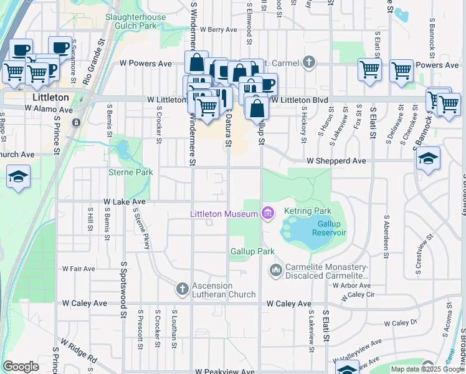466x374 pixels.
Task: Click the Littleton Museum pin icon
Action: point(268,214)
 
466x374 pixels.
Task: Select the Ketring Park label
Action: point(308,211)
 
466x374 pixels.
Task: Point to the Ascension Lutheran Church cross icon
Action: point(183,288)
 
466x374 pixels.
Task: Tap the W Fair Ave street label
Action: point(78,269)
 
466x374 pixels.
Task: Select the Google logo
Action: point(21,367)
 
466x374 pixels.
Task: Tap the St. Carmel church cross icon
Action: point(308,62)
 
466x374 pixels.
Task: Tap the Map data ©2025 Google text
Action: point(427,369)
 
